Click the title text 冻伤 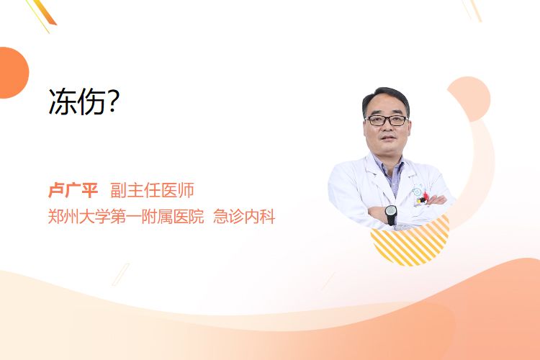[x=77, y=102]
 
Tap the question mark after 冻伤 [x=113, y=102]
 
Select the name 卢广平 [x=73, y=190]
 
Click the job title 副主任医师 [x=152, y=190]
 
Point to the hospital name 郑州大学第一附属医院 [x=126, y=217]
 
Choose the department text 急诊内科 [x=244, y=217]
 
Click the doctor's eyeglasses [x=387, y=120]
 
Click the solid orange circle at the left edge [x=13, y=73]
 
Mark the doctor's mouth [x=388, y=138]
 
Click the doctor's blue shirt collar [x=389, y=168]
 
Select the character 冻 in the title [x=63, y=102]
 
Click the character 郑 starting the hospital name [x=55, y=217]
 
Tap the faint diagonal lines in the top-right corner [x=472, y=10]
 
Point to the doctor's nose [x=387, y=127]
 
